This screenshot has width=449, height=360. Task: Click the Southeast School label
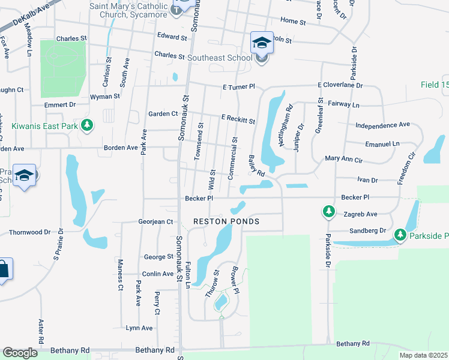219,58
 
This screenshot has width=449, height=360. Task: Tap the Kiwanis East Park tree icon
88,125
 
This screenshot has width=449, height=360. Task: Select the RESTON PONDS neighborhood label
226,221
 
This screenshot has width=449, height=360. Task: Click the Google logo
20,353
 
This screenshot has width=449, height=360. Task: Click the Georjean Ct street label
155,221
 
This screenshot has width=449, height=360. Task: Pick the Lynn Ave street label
139,328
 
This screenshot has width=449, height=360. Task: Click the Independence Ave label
382,125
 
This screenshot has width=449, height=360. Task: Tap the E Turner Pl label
238,86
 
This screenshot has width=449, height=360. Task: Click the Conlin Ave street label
158,274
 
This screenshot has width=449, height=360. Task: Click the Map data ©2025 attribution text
423,355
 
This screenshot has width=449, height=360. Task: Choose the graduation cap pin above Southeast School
262,42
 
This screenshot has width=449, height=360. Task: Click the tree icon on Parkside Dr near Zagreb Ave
328,211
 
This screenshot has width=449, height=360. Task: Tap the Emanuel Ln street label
382,144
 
